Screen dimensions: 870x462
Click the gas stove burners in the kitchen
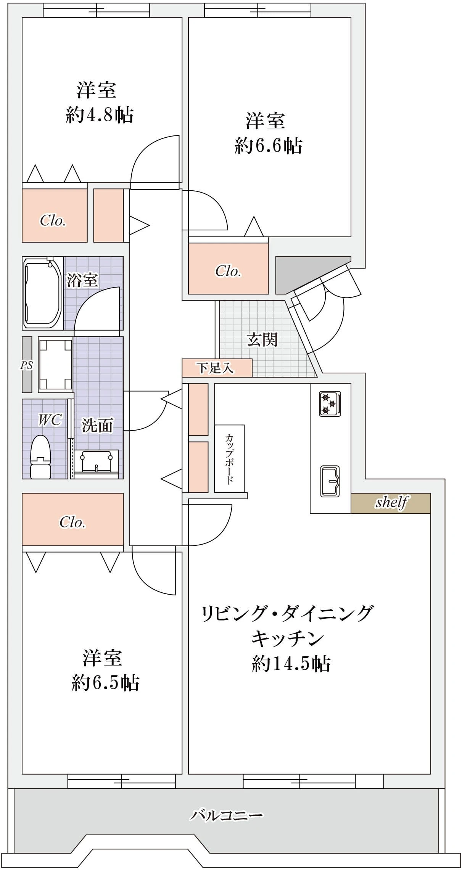click(330, 404)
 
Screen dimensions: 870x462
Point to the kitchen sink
click(330, 481)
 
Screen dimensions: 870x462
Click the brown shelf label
click(391, 502)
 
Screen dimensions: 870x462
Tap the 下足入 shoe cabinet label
click(216, 368)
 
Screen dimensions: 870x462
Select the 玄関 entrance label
click(262, 339)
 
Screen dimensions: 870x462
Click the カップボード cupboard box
click(229, 458)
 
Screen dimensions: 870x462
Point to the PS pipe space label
click(26, 365)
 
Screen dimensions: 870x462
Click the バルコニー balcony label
click(227, 815)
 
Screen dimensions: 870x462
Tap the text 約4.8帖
click(100, 115)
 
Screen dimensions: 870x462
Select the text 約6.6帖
click(269, 146)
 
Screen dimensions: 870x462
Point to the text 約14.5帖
click(291, 664)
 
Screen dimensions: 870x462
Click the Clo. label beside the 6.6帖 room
click(228, 271)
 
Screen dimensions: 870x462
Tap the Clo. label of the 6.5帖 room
click(72, 522)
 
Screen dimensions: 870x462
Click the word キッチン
click(287, 638)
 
